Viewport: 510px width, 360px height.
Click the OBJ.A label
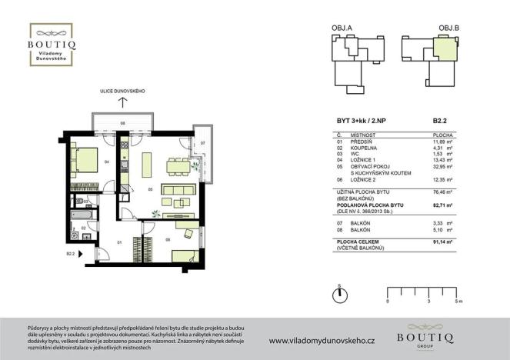click(x=342, y=28)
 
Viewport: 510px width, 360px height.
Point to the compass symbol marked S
click(x=339, y=295)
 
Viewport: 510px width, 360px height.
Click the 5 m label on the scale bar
click(x=460, y=302)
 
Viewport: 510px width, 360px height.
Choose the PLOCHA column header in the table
click(x=440, y=133)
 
